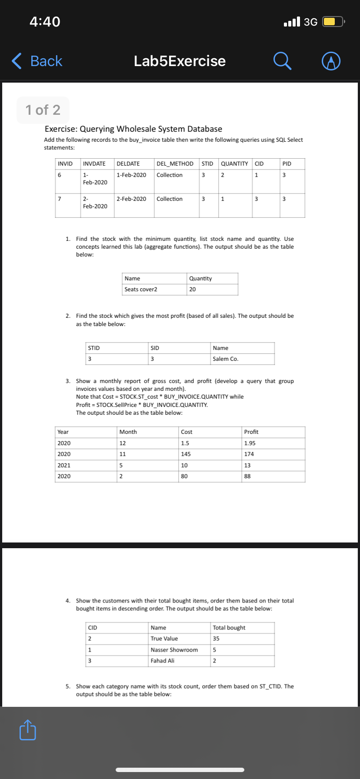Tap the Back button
pos(37,61)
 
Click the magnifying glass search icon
pos(282,61)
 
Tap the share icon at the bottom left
pos(28,730)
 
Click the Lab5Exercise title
pos(180,61)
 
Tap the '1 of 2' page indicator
pos(43,110)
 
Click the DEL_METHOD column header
pos(175,164)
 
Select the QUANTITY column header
pos(234,164)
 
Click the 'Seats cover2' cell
pos(141,290)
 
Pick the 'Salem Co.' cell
pos(225,359)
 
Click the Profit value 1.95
pos(250,443)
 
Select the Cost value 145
pos(186,454)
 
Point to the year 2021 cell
pos(64,466)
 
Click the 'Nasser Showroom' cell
pos(174,650)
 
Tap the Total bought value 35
pos(216,639)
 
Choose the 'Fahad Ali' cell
pos(162,661)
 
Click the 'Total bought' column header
pos(229,628)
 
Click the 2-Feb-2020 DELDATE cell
pos(131,199)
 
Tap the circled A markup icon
pos(331,61)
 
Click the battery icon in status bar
pos(333,21)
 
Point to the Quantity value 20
pos(193,290)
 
